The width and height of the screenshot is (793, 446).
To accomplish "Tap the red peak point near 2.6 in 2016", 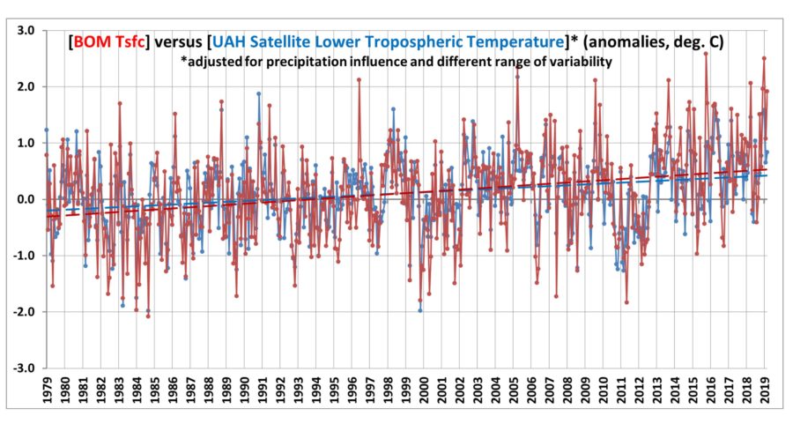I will (x=705, y=54).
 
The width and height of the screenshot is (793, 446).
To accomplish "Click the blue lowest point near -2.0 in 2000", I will (x=419, y=310).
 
